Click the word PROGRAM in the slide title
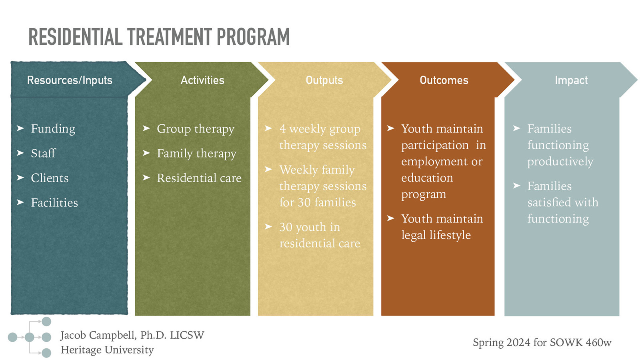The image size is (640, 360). (x=253, y=37)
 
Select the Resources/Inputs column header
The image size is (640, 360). (x=70, y=80)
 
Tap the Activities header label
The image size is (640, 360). (x=202, y=80)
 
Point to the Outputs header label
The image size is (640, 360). (x=324, y=80)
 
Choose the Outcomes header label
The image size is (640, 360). (x=444, y=80)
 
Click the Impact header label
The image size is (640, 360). (x=571, y=80)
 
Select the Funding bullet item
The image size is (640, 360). (x=53, y=129)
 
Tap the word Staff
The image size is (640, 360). (x=43, y=153)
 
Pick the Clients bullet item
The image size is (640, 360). (x=50, y=178)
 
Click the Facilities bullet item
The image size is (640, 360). (x=54, y=203)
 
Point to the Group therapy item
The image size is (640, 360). (x=196, y=129)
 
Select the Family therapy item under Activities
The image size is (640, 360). (x=197, y=154)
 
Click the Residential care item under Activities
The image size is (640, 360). (x=199, y=178)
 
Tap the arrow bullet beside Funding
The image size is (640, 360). (x=20, y=128)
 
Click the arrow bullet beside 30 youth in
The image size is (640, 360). (x=268, y=227)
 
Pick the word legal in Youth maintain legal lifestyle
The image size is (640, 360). (x=414, y=235)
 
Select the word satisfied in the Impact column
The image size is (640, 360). (x=548, y=202)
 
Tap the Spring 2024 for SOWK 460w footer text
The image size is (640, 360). (x=542, y=342)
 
